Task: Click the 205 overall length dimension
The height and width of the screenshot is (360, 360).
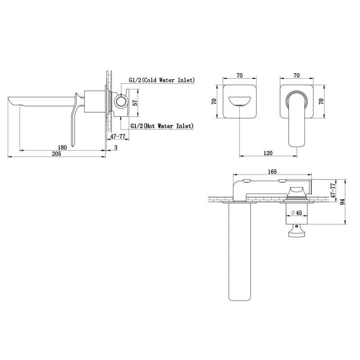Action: click(x=57, y=154)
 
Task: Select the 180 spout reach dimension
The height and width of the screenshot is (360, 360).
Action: click(x=62, y=148)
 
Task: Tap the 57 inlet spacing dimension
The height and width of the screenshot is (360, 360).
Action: click(x=135, y=103)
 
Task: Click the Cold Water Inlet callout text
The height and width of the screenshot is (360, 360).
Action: click(x=162, y=80)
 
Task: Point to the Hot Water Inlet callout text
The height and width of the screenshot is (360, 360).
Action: click(x=162, y=126)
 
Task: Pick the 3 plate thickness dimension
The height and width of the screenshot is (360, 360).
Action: click(x=116, y=148)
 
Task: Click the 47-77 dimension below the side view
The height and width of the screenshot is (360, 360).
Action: click(x=118, y=136)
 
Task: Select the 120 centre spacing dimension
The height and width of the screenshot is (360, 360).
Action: click(x=268, y=153)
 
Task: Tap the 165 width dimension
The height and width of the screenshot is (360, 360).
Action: click(x=272, y=171)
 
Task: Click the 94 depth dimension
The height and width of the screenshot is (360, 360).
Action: click(x=342, y=202)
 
